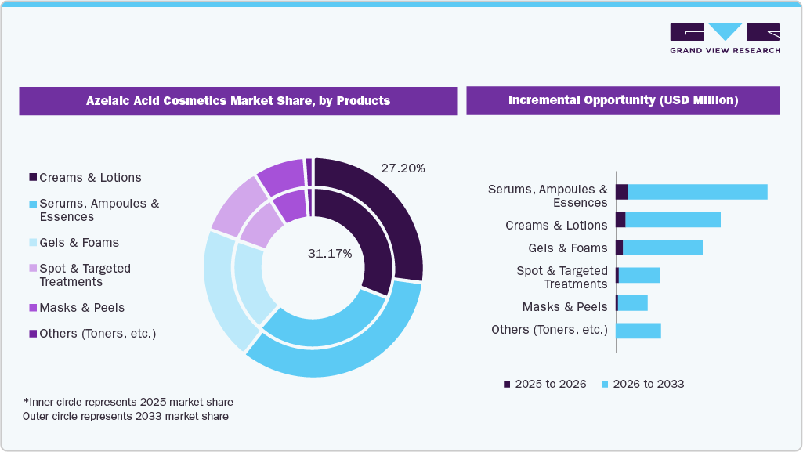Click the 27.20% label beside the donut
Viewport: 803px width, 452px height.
click(403, 168)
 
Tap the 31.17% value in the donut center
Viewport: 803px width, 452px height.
click(330, 254)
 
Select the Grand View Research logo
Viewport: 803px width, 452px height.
click(725, 38)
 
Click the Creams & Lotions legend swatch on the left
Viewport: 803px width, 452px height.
click(33, 178)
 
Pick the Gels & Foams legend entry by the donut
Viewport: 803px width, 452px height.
click(78, 243)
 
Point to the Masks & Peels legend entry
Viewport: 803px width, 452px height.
click(81, 308)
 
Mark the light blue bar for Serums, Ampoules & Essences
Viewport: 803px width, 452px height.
click(697, 192)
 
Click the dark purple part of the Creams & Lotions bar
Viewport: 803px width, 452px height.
click(620, 219)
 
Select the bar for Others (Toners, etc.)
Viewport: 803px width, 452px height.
click(638, 331)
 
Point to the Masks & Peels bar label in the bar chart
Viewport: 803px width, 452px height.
click(564, 307)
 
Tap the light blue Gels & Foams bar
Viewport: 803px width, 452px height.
click(662, 248)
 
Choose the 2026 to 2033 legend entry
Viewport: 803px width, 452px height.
click(642, 384)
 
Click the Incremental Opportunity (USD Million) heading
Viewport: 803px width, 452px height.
click(623, 100)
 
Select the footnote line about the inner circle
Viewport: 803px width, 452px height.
click(128, 402)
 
